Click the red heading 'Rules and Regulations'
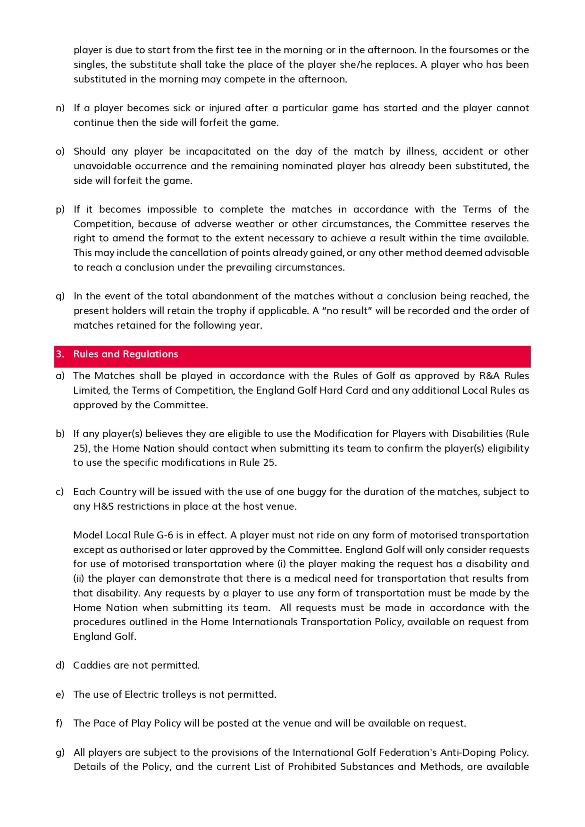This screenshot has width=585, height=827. pos(125,354)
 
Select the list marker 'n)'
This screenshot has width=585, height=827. pos(60,108)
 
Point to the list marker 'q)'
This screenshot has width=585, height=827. pos(60,296)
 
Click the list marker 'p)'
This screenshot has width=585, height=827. pos(60,209)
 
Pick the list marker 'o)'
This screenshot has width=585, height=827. pos(60,151)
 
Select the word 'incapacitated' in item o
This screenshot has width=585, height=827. pos(218,151)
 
